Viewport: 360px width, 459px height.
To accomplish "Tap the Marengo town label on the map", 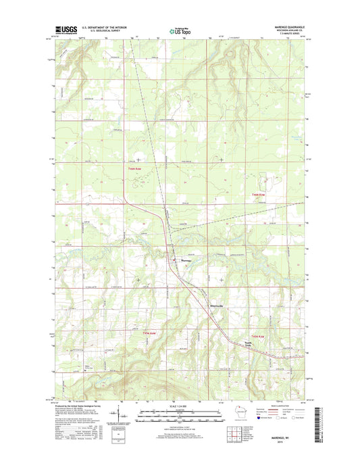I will click(x=186, y=260).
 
